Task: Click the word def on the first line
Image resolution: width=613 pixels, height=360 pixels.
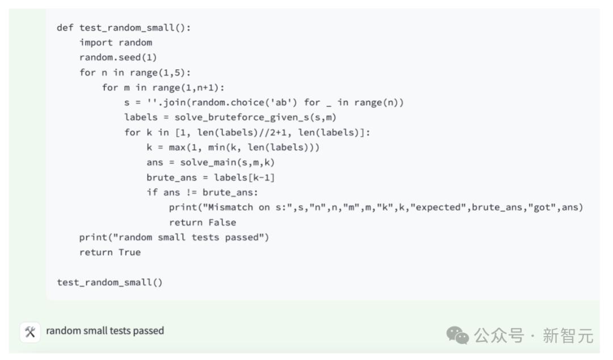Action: (65, 27)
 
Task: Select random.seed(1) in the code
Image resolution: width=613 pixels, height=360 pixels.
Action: (118, 57)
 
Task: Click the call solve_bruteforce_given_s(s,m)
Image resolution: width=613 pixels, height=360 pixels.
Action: (255, 118)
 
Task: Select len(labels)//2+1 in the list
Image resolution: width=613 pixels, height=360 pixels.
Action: (242, 133)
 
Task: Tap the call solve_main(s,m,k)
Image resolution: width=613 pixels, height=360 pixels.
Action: (228, 162)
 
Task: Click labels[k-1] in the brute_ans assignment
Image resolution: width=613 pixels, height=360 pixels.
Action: (244, 178)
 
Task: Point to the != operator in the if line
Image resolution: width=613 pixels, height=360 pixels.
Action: (191, 192)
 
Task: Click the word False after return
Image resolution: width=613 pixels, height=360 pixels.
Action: (222, 223)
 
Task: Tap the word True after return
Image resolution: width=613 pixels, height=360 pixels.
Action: (129, 252)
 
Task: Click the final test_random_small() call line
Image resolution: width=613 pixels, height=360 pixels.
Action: (110, 283)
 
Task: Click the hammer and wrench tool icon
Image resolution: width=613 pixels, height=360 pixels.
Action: (30, 332)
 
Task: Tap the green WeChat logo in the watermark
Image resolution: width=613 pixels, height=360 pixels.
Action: (457, 336)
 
